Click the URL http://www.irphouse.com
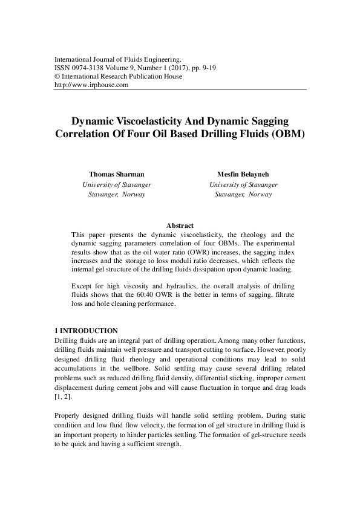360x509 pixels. tap(91, 86)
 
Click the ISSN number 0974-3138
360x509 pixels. tap(88, 69)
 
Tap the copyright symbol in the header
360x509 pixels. tap(57, 77)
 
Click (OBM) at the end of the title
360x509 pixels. tap(286, 134)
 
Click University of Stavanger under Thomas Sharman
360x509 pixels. tap(116, 184)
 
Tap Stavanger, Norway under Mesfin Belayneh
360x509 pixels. tap(243, 195)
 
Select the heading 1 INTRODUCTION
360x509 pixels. tap(86, 331)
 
